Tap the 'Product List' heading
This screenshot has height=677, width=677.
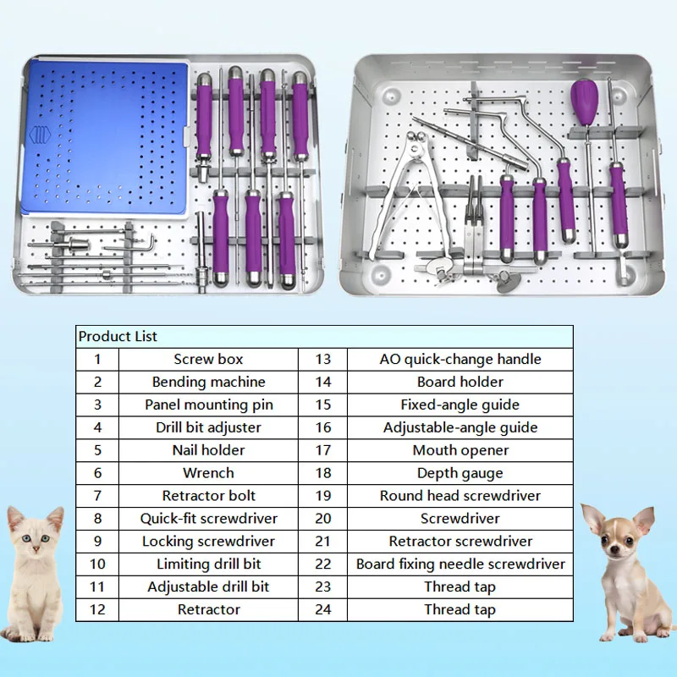(118, 336)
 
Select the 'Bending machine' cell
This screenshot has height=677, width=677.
(208, 382)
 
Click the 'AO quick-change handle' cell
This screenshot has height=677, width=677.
(460, 359)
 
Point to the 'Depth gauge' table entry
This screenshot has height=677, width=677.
(460, 473)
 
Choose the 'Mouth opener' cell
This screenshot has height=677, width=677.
(460, 450)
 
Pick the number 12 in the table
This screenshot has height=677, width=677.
(97, 609)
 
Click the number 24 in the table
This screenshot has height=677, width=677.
(322, 609)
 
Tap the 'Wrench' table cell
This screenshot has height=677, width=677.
(208, 473)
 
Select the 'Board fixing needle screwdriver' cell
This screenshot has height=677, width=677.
(460, 564)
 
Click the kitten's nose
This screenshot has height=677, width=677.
(36, 550)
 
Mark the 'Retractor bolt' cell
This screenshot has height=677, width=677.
(208, 496)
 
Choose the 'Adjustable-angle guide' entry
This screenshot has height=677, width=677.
(460, 427)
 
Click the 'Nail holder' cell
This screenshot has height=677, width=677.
(208, 450)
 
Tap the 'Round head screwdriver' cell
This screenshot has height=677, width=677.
(460, 496)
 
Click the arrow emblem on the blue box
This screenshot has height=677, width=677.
(39, 135)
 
